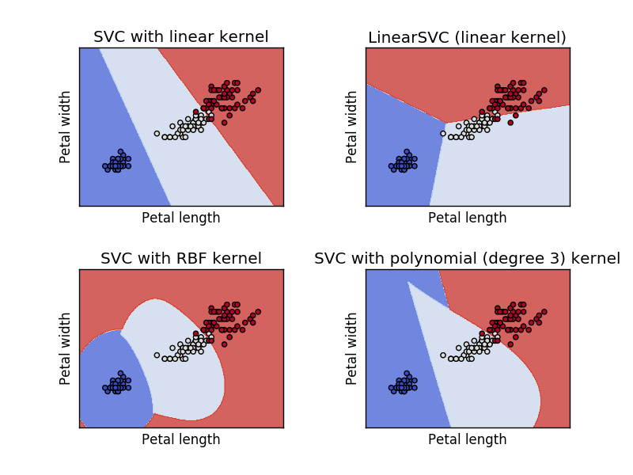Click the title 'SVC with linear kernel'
[180, 37]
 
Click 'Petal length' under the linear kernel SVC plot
[180, 218]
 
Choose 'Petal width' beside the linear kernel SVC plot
[66, 127]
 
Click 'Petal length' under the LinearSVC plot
[467, 218]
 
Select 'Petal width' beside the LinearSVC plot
[352, 127]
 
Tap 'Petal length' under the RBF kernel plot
[180, 439]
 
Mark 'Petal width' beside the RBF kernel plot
[66, 348]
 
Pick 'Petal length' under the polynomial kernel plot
[467, 439]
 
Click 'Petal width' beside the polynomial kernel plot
[352, 348]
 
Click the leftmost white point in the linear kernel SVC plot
[157, 133]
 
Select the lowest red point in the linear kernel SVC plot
[224, 123]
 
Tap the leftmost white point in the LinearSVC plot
[443, 133]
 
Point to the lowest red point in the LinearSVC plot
[510, 123]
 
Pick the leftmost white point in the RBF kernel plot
[157, 355]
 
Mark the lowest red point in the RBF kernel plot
[224, 344]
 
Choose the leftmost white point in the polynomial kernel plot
[443, 355]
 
